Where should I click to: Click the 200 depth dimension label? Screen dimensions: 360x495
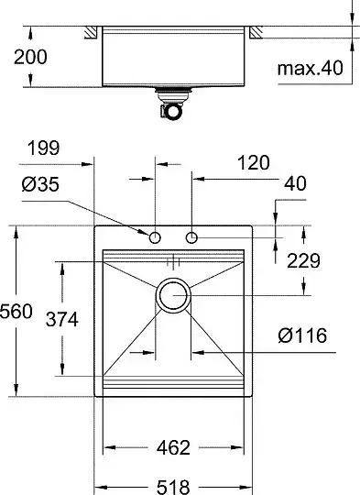click(30, 57)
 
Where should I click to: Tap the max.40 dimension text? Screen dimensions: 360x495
click(310, 68)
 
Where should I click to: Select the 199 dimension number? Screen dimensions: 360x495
click(43, 148)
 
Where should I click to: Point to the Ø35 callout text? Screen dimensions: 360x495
click(40, 184)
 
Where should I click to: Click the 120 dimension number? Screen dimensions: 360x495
click(254, 162)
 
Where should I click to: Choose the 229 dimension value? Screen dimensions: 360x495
click(303, 260)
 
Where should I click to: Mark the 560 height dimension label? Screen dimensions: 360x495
click(16, 312)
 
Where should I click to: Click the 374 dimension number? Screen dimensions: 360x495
click(62, 319)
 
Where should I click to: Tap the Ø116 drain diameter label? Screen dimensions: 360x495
click(302, 335)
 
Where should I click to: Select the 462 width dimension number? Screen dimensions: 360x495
click(173, 447)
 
